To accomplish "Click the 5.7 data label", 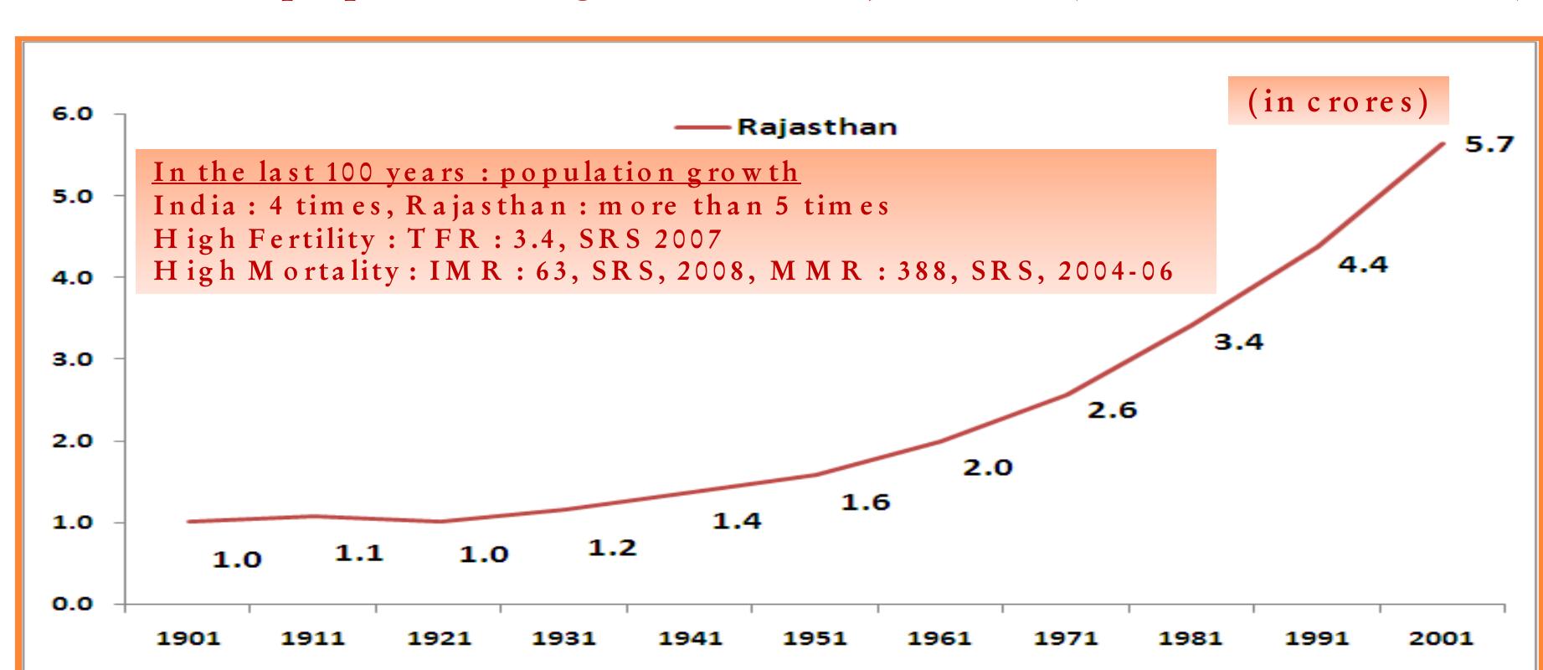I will pos(1489,145).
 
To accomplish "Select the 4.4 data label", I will pos(1362,265).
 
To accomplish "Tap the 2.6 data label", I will pos(1112,410).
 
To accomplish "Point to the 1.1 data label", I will pos(359,553).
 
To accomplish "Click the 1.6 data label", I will pos(865,502).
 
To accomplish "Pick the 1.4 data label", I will pos(737,521).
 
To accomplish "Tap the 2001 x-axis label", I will pos(1441,639).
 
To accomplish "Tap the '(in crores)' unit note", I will pos(1338,101).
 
